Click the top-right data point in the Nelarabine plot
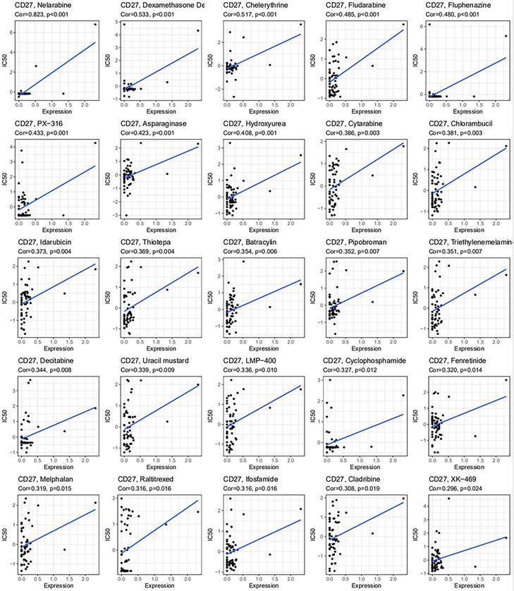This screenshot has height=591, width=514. [95, 24]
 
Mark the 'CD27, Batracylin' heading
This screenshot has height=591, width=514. [248, 242]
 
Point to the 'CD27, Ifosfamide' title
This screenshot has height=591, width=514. [247, 479]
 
